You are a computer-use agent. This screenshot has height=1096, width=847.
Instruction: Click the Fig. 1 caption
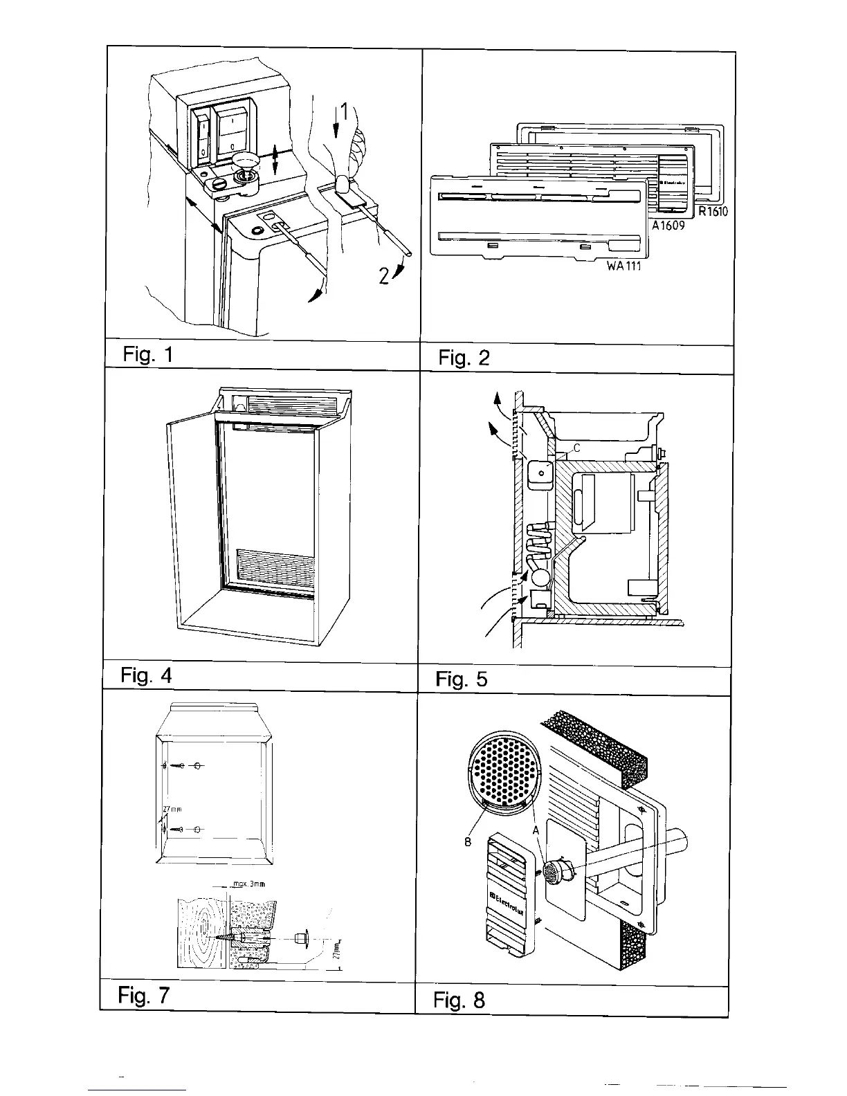point(147,355)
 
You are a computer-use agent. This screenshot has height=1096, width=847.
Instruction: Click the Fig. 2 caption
point(464,358)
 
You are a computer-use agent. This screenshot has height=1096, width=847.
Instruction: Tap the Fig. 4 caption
point(145,675)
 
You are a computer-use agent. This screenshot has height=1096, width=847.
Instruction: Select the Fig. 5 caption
point(462,679)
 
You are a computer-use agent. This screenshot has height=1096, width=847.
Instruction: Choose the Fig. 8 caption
point(459,1000)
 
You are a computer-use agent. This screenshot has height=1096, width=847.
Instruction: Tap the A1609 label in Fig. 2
point(667,226)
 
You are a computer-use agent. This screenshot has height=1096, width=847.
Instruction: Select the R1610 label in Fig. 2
point(712,212)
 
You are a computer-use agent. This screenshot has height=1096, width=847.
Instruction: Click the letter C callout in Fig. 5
point(576,448)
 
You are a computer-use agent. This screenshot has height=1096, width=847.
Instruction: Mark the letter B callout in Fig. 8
point(467,843)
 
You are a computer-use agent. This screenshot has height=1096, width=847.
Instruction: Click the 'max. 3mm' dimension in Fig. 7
point(248,884)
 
